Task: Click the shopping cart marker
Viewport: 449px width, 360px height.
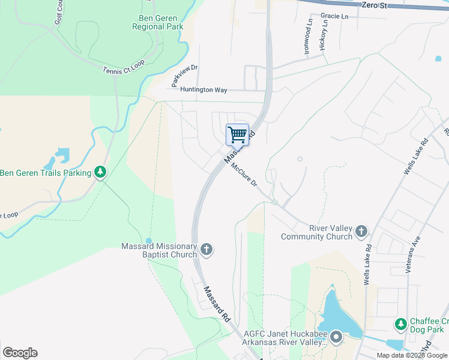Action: tap(238, 134)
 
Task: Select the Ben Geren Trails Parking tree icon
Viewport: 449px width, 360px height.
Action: tap(101, 173)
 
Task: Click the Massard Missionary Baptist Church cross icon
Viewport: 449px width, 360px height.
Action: tap(206, 250)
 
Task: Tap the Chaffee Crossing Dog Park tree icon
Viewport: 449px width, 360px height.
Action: tap(401, 325)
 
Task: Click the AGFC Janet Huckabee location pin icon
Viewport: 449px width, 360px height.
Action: tap(336, 338)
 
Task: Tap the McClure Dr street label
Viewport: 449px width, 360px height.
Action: tap(244, 175)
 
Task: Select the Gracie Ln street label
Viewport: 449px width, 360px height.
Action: tap(334, 16)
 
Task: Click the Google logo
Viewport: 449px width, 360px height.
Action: tap(20, 353)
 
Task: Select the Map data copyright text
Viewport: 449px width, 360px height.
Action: tap(412, 355)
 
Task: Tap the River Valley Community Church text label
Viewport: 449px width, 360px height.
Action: tap(317, 232)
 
